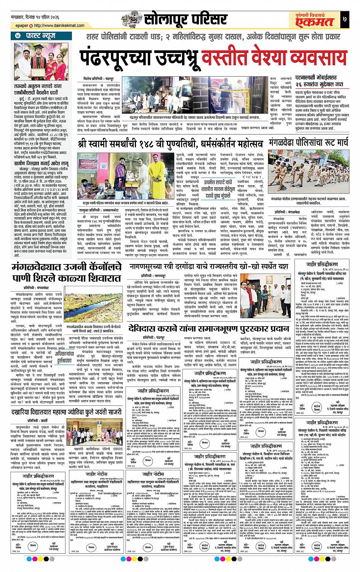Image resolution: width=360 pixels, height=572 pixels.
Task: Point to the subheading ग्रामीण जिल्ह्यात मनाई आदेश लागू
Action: click(43, 161)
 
